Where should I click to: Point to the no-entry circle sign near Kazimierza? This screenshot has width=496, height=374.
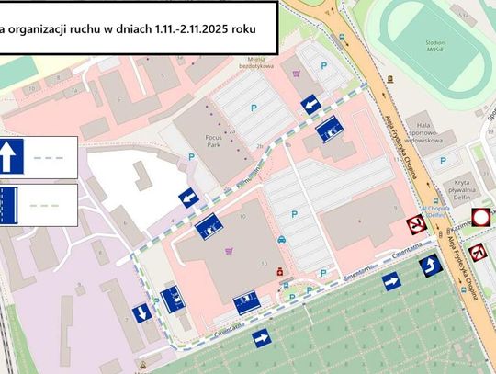pyautogui.click(x=479, y=217)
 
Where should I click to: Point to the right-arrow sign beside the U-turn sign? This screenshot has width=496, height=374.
pyautogui.click(x=390, y=281)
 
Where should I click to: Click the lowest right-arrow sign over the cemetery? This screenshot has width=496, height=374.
pyautogui.click(x=260, y=339)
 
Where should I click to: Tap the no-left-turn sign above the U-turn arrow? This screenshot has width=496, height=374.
pyautogui.click(x=477, y=251)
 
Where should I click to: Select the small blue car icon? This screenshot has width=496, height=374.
pyautogui.click(x=282, y=241)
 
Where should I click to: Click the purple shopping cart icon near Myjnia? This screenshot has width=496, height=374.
pyautogui.click(x=296, y=74)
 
